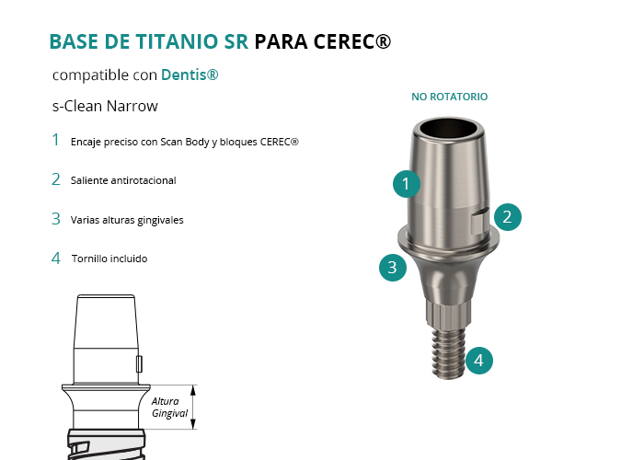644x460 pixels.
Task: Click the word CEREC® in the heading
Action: (x=352, y=41)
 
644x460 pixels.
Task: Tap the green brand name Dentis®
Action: (x=190, y=75)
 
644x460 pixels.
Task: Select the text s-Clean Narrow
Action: (x=105, y=106)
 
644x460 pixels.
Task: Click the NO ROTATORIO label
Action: (x=450, y=97)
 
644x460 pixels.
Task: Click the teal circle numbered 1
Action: (x=407, y=184)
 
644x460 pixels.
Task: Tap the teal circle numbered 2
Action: (x=508, y=217)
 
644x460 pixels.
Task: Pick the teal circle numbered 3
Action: (x=393, y=268)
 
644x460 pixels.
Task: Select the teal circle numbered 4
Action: (x=479, y=361)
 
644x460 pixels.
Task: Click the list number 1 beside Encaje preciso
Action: (x=56, y=140)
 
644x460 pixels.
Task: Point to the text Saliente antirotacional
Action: (x=123, y=180)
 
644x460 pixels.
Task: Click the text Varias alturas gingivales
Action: (x=127, y=220)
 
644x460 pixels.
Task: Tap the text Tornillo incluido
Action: (x=109, y=259)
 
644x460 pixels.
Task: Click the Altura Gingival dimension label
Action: (x=169, y=407)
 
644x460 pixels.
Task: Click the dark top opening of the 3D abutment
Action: (x=448, y=128)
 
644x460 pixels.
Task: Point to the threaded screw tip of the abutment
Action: (x=448, y=352)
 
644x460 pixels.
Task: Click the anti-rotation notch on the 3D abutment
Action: (x=479, y=221)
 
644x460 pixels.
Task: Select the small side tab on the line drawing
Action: (x=139, y=364)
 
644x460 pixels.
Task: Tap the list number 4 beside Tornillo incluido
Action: (x=56, y=259)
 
